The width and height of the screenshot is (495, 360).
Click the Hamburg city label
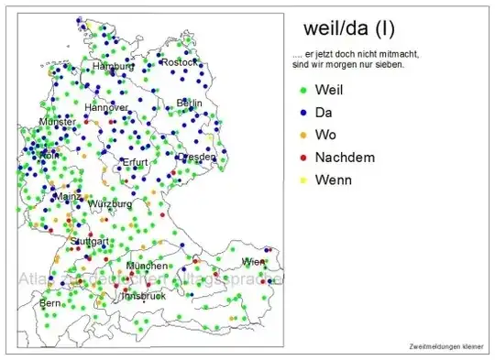click(114, 67)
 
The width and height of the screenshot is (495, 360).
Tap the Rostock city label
click(179, 62)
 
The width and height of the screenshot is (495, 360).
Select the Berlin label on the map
click(189, 103)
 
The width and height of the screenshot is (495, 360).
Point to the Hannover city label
click(106, 108)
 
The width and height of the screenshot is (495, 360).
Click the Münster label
click(58, 122)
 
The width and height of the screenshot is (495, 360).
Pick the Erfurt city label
click(135, 162)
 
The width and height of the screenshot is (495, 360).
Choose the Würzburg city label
click(109, 203)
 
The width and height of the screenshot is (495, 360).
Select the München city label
click(147, 266)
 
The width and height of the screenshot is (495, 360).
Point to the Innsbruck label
click(143, 296)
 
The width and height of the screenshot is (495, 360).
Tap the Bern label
click(49, 302)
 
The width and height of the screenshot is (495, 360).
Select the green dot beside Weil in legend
click(302, 90)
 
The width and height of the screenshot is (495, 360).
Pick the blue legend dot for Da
click(302, 113)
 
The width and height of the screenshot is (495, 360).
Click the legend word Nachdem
click(344, 158)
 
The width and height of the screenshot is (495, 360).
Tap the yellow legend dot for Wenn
click(302, 180)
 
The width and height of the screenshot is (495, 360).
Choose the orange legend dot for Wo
click(302, 136)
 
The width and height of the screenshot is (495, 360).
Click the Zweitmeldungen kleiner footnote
click(445, 345)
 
